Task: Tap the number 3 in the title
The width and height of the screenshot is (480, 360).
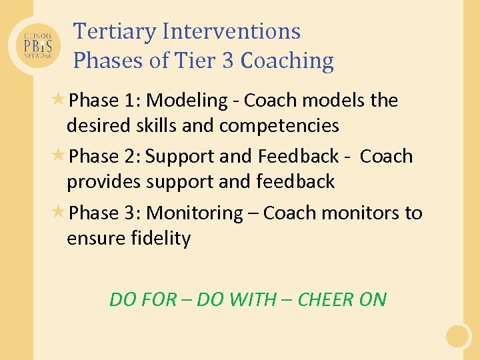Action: (227, 61)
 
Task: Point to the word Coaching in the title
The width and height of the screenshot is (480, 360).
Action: (287, 61)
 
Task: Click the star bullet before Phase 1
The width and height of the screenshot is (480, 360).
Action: (59, 99)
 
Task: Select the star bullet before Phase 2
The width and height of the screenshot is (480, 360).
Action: (59, 155)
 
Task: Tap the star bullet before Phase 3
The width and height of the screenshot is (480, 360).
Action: (59, 212)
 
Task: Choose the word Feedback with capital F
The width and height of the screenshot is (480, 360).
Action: (298, 157)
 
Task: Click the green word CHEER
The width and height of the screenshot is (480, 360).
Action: (327, 300)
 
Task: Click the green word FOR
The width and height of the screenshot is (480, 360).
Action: (161, 300)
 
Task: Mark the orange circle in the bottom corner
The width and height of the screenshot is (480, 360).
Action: (458, 335)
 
